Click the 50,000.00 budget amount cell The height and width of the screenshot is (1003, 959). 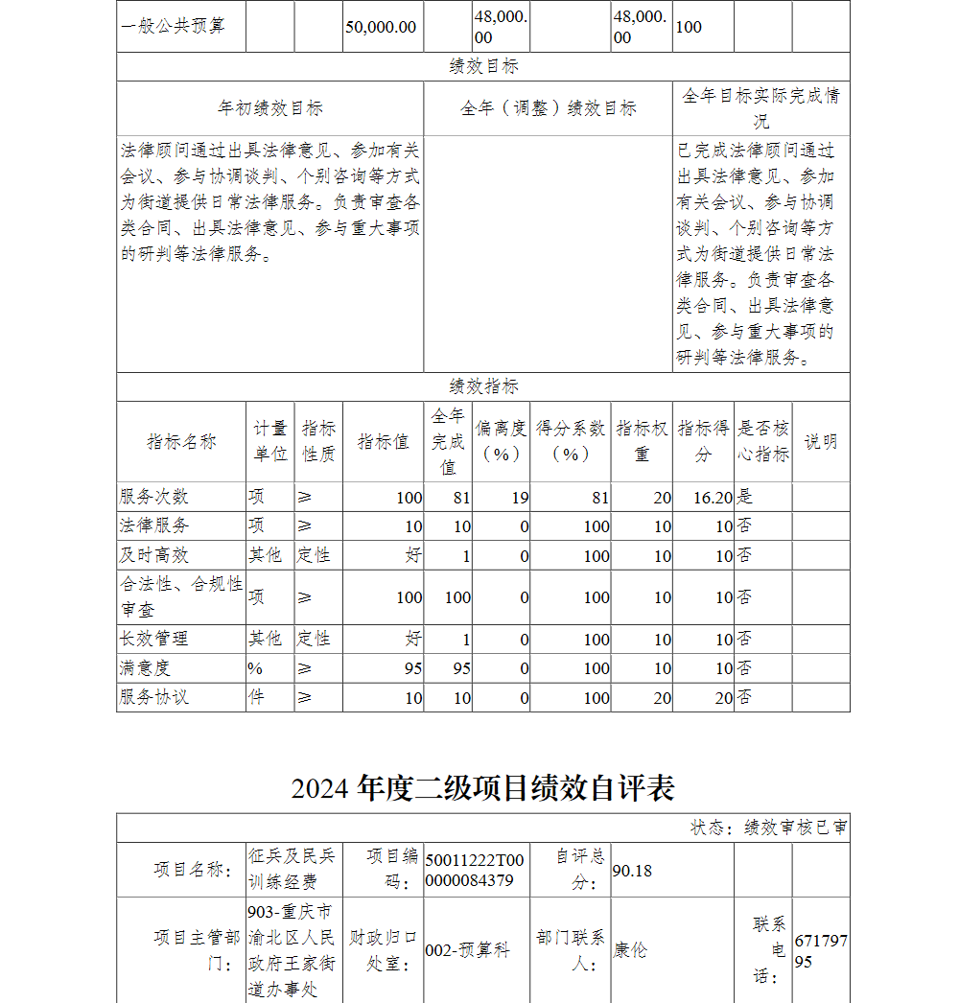coord(382,27)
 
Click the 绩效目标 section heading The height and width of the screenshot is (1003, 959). coord(483,67)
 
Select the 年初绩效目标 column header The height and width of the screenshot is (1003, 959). coord(269,108)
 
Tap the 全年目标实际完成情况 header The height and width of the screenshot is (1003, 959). coord(760,108)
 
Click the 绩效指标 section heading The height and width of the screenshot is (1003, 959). coord(483,386)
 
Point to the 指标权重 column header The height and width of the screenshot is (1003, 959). coord(642,441)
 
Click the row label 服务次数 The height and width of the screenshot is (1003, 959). coord(154,497)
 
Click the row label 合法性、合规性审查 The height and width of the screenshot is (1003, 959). coord(180,596)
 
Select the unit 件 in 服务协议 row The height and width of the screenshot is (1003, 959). coord(256,697)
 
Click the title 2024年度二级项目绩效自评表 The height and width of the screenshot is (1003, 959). coord(483,787)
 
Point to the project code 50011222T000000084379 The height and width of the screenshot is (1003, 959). coord(476,871)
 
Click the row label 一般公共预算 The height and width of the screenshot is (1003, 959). coord(173,27)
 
